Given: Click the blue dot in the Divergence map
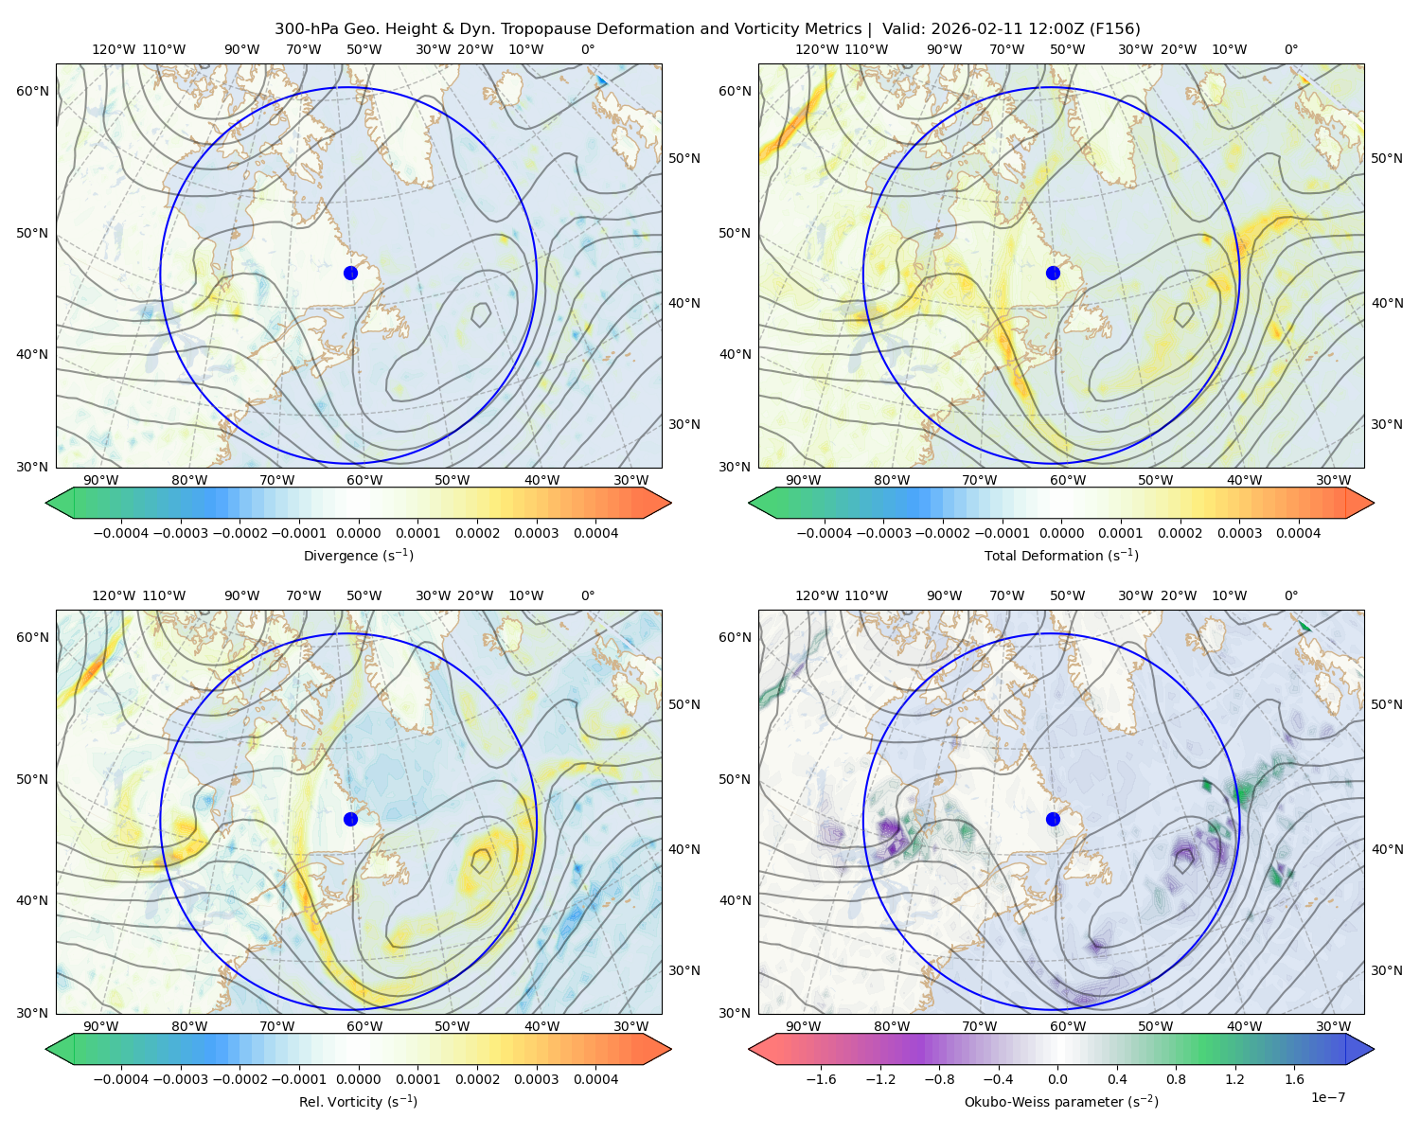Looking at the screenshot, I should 350,273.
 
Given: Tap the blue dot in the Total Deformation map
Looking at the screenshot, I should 1053,273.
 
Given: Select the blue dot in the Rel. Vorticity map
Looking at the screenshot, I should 350,819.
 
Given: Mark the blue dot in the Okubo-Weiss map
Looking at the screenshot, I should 1053,819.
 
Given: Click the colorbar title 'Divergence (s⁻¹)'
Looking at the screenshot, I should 358,556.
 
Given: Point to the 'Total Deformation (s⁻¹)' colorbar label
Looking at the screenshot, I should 1061,556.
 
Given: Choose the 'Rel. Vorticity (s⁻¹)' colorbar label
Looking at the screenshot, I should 358,1102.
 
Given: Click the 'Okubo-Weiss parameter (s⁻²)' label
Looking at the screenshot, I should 1061,1102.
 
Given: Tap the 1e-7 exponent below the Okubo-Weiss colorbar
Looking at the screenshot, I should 1328,1097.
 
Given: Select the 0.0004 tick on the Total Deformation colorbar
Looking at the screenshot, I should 1298,533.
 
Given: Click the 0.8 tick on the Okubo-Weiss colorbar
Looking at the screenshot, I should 1177,1079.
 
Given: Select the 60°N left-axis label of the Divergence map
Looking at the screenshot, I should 32,91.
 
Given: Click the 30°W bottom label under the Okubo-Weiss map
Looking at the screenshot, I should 1334,1026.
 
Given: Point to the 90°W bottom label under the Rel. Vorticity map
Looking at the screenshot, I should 101,1026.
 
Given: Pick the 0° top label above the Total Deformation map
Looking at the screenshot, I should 1291,50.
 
